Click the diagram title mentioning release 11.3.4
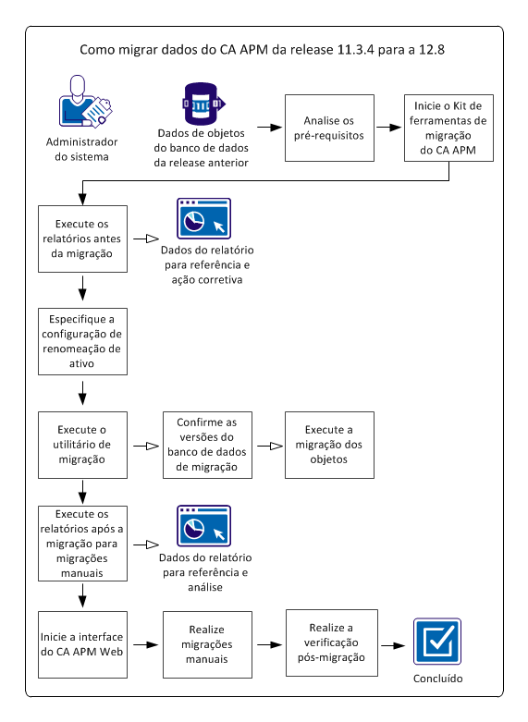[x=263, y=50]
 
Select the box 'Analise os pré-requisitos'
[x=329, y=128]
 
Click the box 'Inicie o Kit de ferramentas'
[x=449, y=128]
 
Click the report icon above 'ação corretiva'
[x=203, y=219]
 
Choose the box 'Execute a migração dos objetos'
[x=329, y=445]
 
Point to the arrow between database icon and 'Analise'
[x=269, y=128]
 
